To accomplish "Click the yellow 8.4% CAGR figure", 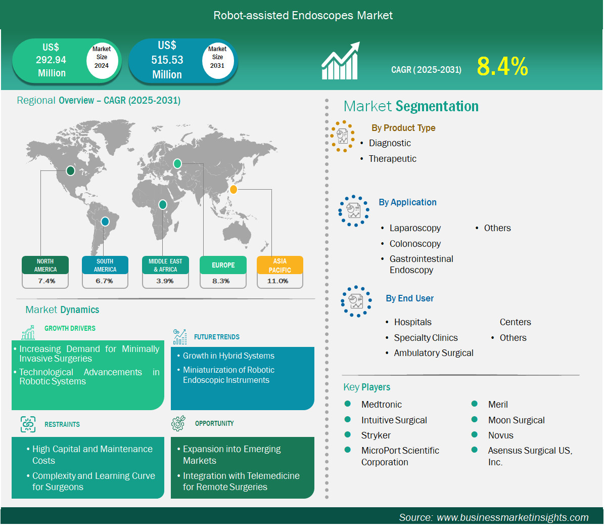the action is pyautogui.click(x=502, y=66).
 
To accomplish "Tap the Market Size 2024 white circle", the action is pyautogui.click(x=102, y=57).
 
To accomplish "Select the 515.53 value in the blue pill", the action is pyautogui.click(x=167, y=60).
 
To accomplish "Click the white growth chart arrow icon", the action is pyautogui.click(x=341, y=61).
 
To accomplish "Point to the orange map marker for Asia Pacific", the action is pyautogui.click(x=234, y=189).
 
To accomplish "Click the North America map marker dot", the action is pyautogui.click(x=70, y=170).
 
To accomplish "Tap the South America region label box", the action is pyautogui.click(x=105, y=265).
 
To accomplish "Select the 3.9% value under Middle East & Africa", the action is pyautogui.click(x=165, y=281).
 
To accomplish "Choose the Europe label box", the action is pyautogui.click(x=223, y=265).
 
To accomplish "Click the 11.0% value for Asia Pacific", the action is pyautogui.click(x=278, y=281).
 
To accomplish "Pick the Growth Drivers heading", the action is pyautogui.click(x=70, y=328).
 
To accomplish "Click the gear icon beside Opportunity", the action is pyautogui.click(x=178, y=423).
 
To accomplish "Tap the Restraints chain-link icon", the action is pyautogui.click(x=28, y=424).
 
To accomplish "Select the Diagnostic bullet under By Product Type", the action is pyautogui.click(x=390, y=143).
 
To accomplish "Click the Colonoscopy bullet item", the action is pyautogui.click(x=415, y=244).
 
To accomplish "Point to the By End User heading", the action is pyautogui.click(x=410, y=298).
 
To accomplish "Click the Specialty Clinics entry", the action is pyautogui.click(x=426, y=338).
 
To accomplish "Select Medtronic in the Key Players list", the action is pyautogui.click(x=382, y=404).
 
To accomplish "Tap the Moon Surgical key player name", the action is pyautogui.click(x=516, y=420).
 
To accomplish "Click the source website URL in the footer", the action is pyautogui.click(x=513, y=517).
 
